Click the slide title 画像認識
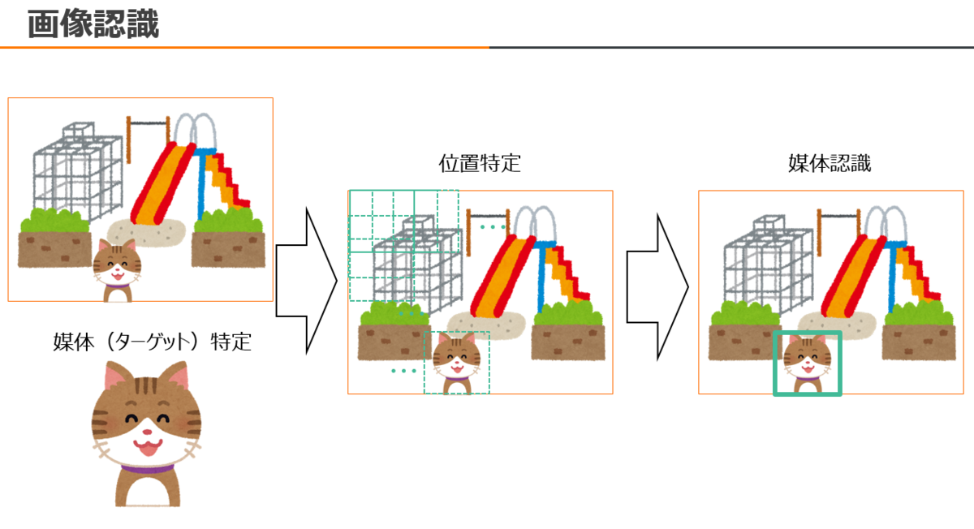(x=93, y=24)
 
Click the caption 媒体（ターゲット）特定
(x=152, y=342)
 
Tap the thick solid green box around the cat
(x=839, y=363)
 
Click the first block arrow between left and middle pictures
(x=306, y=281)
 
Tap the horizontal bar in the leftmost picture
(x=149, y=123)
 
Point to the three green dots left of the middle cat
(x=403, y=371)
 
